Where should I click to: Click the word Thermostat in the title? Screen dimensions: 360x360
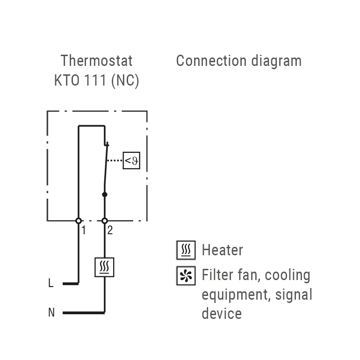coord(96,61)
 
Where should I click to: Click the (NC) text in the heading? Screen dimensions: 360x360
coord(125,80)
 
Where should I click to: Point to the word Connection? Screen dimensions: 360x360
coord(211,61)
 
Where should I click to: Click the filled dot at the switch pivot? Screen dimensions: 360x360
coord(105,194)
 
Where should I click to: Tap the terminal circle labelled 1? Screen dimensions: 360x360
coord(79,221)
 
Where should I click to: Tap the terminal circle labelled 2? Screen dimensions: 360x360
coord(105,221)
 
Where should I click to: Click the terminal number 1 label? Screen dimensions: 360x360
coord(84,230)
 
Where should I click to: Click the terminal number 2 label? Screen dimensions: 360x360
coord(110,230)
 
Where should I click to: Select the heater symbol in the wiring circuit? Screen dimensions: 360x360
coord(105,267)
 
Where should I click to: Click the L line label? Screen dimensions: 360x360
coord(51,283)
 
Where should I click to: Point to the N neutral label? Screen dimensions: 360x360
coord(51,312)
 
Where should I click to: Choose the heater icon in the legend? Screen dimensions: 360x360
coord(186,251)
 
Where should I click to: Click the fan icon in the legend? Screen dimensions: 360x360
coord(186,276)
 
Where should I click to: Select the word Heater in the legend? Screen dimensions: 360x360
coord(222,250)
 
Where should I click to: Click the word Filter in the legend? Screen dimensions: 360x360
coord(216,275)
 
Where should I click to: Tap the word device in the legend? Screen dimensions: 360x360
coord(222,313)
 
